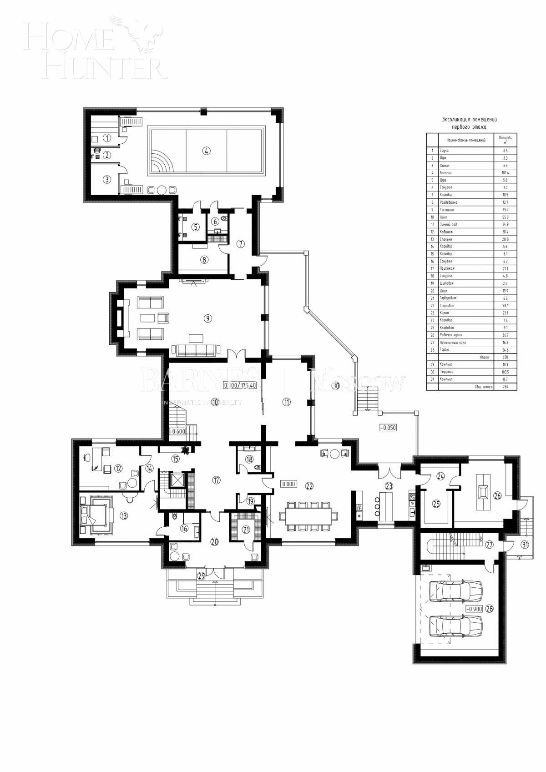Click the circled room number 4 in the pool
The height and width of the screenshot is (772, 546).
207,151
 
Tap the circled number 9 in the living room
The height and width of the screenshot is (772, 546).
207,318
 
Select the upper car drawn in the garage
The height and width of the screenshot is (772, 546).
455,591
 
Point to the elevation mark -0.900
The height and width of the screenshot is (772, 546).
474,609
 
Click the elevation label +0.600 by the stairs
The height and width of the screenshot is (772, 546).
177,432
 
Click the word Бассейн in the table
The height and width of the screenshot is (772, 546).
445,173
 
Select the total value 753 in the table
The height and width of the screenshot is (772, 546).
504,387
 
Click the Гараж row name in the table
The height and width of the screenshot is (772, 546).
444,350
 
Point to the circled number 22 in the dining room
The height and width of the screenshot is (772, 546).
309,486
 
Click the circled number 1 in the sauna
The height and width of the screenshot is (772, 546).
106,137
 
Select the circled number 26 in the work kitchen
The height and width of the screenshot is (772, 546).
497,496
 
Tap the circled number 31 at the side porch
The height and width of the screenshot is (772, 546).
525,545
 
